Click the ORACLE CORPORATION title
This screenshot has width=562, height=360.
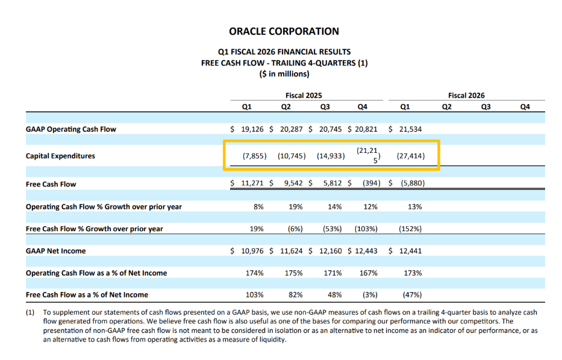284,31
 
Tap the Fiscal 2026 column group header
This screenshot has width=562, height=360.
466,95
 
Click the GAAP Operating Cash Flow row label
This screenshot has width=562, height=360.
71,129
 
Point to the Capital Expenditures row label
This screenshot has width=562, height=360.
60,156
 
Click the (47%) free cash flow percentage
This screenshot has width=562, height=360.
411,295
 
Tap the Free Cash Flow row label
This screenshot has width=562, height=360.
51,184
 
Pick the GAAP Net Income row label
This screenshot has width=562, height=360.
56,250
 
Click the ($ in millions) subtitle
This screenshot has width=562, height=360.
284,73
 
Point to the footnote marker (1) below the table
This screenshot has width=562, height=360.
31,312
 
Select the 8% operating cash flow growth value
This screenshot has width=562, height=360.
259,206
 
